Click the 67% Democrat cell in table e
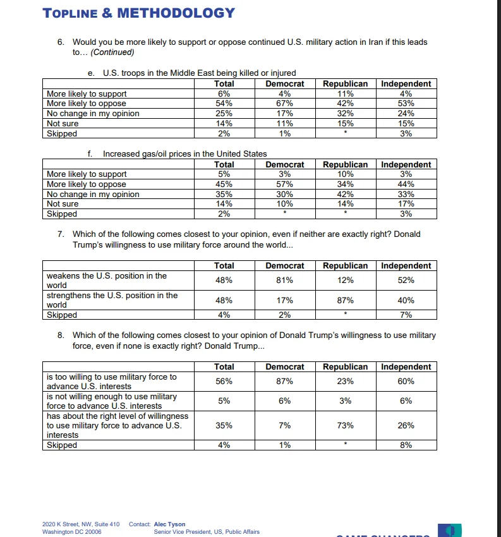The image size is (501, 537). tap(284, 104)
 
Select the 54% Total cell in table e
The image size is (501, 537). tap(224, 104)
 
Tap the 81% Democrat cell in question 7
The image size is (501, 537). tap(284, 280)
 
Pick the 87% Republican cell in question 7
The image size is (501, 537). tap(345, 301)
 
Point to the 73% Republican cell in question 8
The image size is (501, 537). tap(345, 425)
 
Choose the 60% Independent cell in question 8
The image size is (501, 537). tap(406, 381)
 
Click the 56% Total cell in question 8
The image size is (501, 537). tap(224, 381)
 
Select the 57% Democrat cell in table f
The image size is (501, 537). tap(284, 184)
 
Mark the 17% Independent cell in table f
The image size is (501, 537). tap(406, 204)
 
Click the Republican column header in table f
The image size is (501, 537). tap(345, 164)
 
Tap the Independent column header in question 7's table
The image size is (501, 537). tap(406, 266)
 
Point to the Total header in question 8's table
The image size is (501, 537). tap(224, 367)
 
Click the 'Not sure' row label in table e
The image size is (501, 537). tap(63, 124)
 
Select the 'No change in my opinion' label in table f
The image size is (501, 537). tap(93, 195)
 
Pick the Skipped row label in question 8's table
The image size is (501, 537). tap(62, 445)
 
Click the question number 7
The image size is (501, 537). tap(61, 234)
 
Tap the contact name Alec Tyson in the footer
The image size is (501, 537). tap(169, 524)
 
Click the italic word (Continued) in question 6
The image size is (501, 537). tap(112, 52)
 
